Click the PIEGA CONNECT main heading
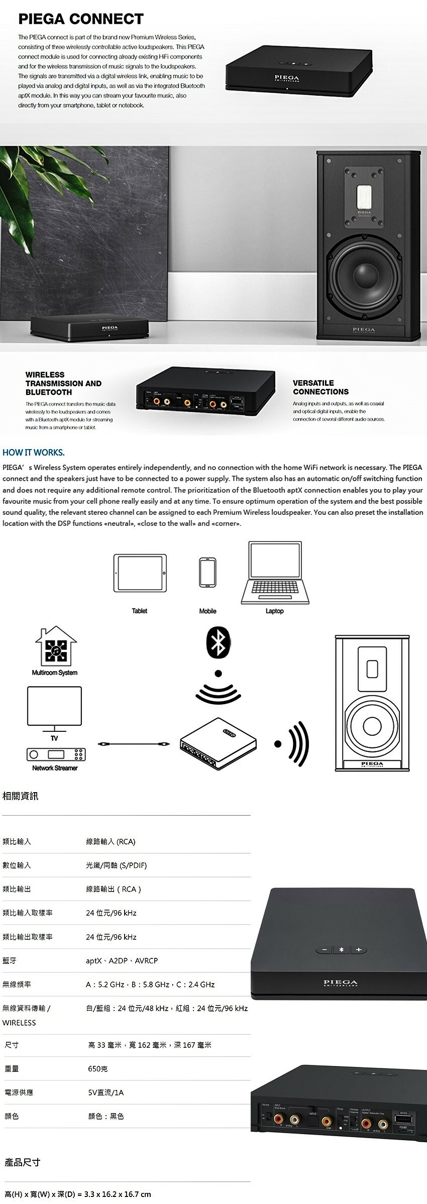click(81, 19)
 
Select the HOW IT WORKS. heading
click(34, 453)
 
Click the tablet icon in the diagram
click(140, 573)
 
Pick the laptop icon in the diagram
click(275, 573)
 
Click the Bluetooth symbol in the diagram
click(218, 643)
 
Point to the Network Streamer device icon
click(56, 754)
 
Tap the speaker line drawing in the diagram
click(372, 703)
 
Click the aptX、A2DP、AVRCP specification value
click(122, 960)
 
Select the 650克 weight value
click(97, 1068)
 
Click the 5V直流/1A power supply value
click(105, 1092)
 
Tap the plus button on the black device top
click(358, 949)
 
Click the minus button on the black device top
click(325, 949)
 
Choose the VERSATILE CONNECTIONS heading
click(321, 387)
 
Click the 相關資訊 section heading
click(20, 796)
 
